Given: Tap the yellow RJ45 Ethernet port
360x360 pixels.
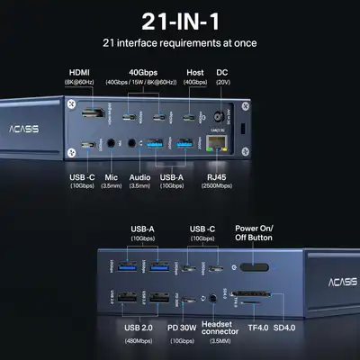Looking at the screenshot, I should click(x=217, y=143).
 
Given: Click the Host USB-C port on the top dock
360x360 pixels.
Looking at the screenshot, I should click(x=193, y=118).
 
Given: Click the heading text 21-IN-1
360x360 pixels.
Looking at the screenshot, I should click(x=180, y=20).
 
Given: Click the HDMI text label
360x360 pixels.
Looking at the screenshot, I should click(x=81, y=72).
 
